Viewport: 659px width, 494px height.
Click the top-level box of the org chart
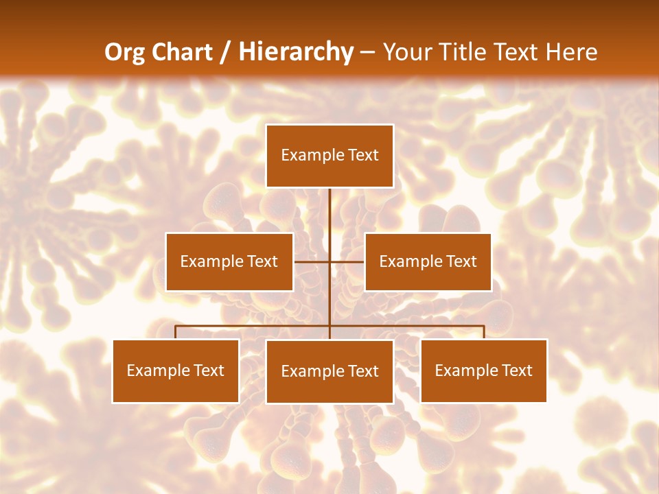click(x=329, y=156)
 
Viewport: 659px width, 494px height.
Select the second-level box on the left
click(x=229, y=261)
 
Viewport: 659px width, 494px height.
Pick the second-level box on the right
click(x=428, y=261)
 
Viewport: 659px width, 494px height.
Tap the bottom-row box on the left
click(x=176, y=370)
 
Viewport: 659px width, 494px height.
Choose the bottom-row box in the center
click(x=329, y=371)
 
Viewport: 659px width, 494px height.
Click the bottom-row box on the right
click(x=483, y=370)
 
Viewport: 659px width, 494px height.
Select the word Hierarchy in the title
click(x=296, y=52)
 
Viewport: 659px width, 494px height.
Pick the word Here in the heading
click(x=572, y=52)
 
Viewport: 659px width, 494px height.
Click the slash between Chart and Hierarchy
click(x=225, y=52)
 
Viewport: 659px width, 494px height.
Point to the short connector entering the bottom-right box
click(x=484, y=332)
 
